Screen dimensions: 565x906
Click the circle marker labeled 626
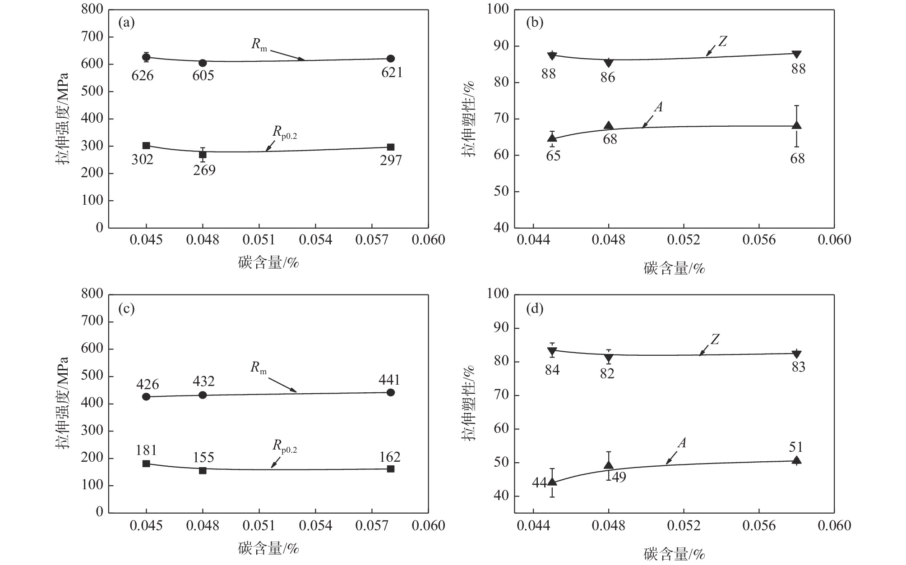tap(146, 57)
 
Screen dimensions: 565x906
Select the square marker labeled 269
tap(203, 155)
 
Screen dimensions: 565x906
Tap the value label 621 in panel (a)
tap(392, 72)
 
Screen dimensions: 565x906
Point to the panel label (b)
tap(535, 23)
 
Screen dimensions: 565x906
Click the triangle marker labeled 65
tap(552, 138)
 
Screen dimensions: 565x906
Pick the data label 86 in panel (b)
tap(608, 78)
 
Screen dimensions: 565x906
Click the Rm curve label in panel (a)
tap(259, 44)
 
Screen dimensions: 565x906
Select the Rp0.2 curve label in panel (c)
tap(284, 446)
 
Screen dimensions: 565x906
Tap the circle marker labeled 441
tap(391, 392)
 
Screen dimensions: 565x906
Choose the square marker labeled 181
tap(146, 464)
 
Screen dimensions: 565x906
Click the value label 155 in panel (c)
tap(203, 458)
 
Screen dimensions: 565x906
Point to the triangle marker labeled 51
tap(797, 460)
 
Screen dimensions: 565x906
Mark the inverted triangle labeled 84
tap(552, 351)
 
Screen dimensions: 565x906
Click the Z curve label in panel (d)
tap(715, 340)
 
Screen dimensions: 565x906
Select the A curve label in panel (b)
tap(658, 107)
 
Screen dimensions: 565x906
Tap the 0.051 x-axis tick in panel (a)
tap(259, 239)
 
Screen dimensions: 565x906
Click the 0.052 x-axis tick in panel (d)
tap(684, 525)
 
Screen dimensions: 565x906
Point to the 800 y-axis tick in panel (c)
tap(92, 294)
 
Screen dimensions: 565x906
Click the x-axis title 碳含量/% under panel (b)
tap(674, 269)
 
